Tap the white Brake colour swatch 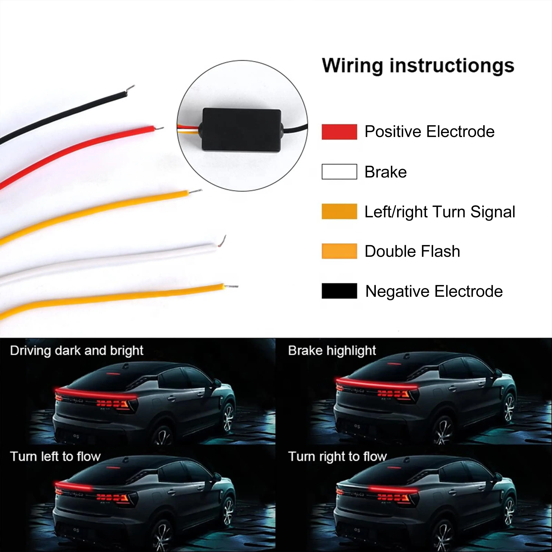[339, 172]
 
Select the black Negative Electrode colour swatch [339, 291]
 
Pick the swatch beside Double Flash [339, 251]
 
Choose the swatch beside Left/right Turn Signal [339, 211]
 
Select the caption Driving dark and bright [77, 351]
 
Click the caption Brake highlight [332, 351]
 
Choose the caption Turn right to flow [337, 456]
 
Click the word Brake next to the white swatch [385, 172]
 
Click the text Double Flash [412, 251]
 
